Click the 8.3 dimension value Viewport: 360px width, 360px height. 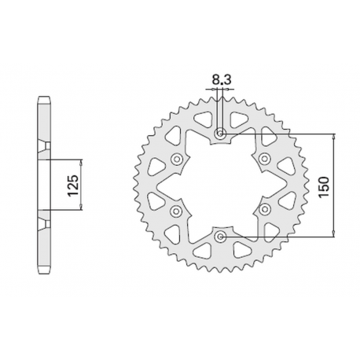coord(220,79)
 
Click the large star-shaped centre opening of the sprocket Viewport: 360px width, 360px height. coord(220,185)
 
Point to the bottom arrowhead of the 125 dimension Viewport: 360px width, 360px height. coord(83,214)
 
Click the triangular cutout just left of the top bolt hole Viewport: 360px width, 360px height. coord(202,121)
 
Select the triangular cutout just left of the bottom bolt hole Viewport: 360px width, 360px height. coord(202,248)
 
